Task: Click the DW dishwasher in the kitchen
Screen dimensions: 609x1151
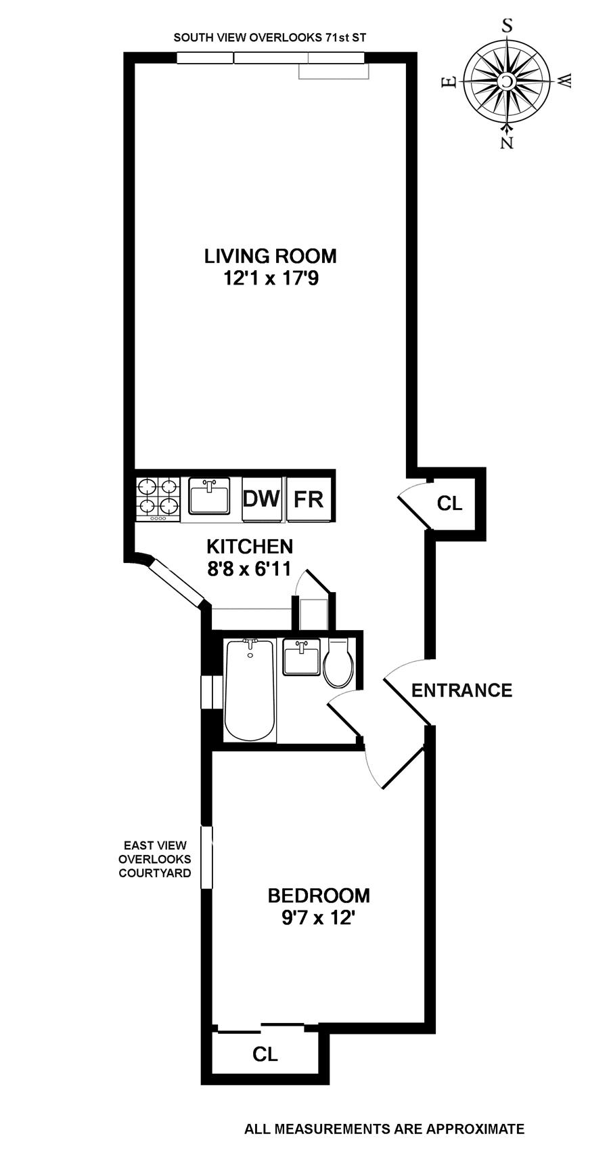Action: click(261, 499)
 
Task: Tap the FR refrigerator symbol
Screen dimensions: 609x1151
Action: click(309, 499)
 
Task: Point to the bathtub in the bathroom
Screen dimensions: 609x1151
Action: click(250, 690)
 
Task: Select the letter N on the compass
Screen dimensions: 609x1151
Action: click(507, 142)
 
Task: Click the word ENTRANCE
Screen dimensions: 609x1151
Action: click(461, 690)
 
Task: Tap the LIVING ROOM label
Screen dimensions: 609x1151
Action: click(271, 256)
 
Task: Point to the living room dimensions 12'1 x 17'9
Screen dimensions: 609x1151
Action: click(271, 278)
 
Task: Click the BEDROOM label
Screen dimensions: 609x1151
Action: click(319, 896)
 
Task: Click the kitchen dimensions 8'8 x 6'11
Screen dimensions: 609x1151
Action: click(250, 568)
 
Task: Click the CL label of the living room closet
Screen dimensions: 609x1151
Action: click(449, 503)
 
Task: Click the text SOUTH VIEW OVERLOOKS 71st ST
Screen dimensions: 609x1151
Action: click(270, 38)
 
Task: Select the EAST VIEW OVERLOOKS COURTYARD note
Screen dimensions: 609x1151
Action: click(155, 859)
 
